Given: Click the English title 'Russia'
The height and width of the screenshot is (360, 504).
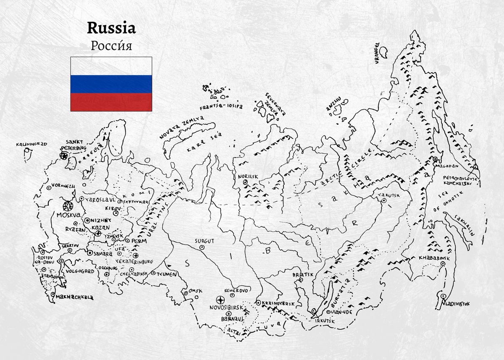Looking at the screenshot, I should tap(111, 28).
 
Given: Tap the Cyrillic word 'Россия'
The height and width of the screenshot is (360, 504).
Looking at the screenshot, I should tap(111, 45).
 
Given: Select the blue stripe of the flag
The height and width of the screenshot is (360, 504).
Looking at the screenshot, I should tap(111, 84).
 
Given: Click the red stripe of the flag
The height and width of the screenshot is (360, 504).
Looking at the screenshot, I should tap(111, 102).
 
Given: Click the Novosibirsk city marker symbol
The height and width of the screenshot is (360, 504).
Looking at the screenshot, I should tap(220, 300).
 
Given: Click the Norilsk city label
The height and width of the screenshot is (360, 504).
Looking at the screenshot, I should tap(248, 176).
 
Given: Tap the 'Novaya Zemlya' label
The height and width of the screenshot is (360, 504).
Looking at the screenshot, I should tap(181, 127).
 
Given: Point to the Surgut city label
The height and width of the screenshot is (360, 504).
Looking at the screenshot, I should tap(204, 241).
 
